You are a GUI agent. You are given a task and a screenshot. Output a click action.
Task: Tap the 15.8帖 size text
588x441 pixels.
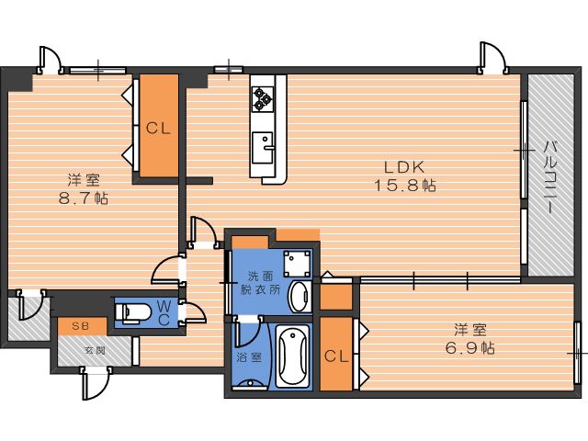pyautogui.click(x=405, y=186)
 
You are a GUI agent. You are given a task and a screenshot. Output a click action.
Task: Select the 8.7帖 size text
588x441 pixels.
pyautogui.click(x=84, y=198)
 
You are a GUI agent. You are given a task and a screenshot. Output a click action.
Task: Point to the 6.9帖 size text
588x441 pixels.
pyautogui.click(x=469, y=348)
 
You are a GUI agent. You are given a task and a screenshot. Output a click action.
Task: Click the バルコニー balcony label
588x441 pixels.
pyautogui.click(x=550, y=177)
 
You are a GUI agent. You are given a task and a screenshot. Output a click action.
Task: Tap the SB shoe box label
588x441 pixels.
pyautogui.click(x=81, y=326)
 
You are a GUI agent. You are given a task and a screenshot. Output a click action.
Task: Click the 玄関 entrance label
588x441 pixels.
pyautogui.click(x=94, y=351)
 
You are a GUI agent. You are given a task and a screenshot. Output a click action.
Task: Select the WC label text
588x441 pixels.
pyautogui.click(x=164, y=313)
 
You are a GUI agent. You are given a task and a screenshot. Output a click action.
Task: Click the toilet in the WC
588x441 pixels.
pyautogui.click(x=132, y=312)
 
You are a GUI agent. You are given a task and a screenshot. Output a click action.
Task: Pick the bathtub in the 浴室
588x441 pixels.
pyautogui.click(x=292, y=356)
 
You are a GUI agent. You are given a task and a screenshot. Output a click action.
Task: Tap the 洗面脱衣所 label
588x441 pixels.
pyautogui.click(x=260, y=283)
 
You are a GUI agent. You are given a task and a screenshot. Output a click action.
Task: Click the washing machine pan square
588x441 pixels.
pyautogui.click(x=297, y=264)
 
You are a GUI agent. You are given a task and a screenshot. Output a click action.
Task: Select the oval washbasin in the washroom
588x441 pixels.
pyautogui.click(x=300, y=296)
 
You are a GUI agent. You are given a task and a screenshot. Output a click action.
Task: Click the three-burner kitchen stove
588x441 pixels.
pyautogui.click(x=262, y=99)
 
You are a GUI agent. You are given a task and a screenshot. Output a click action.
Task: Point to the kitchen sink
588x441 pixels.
pyautogui.click(x=263, y=147)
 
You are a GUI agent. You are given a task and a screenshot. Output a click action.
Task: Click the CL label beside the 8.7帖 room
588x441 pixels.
pyautogui.click(x=158, y=129)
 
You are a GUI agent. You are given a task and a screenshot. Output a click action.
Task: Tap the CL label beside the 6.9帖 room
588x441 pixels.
pyautogui.click(x=336, y=356)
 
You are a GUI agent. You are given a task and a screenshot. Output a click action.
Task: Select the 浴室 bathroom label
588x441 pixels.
pyautogui.click(x=249, y=357)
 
